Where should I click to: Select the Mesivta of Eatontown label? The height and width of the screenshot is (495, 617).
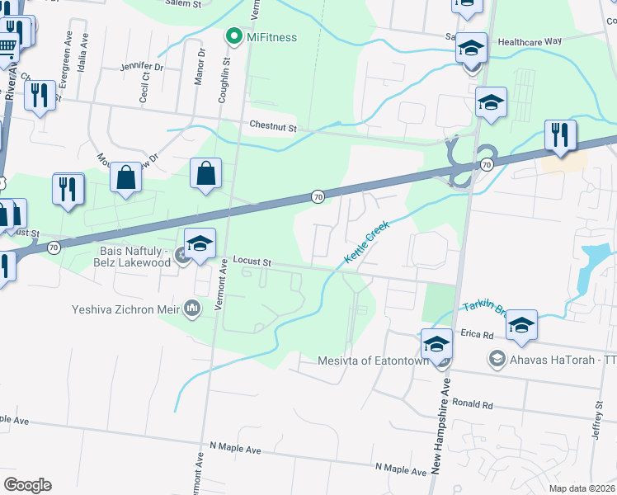point(376,361)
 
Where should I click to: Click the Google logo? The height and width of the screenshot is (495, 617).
point(27,484)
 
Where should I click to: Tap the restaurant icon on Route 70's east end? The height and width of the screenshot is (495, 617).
point(560,135)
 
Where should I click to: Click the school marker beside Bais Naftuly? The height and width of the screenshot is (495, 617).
point(200,244)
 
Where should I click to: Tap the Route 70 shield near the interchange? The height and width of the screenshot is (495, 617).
point(487,165)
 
